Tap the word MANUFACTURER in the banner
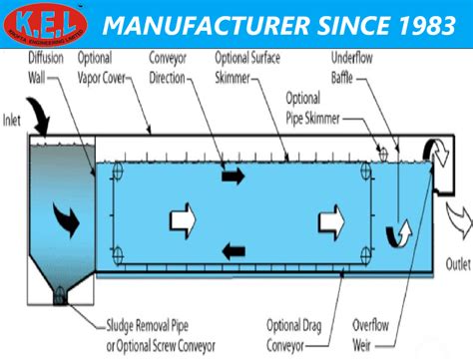tap(189, 24)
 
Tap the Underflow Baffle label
tap(355, 67)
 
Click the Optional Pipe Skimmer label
tap(314, 111)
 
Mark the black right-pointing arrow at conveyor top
tap(232, 177)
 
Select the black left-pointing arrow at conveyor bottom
tap(233, 250)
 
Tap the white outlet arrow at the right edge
tap(457, 215)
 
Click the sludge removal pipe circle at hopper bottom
tap(59, 295)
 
